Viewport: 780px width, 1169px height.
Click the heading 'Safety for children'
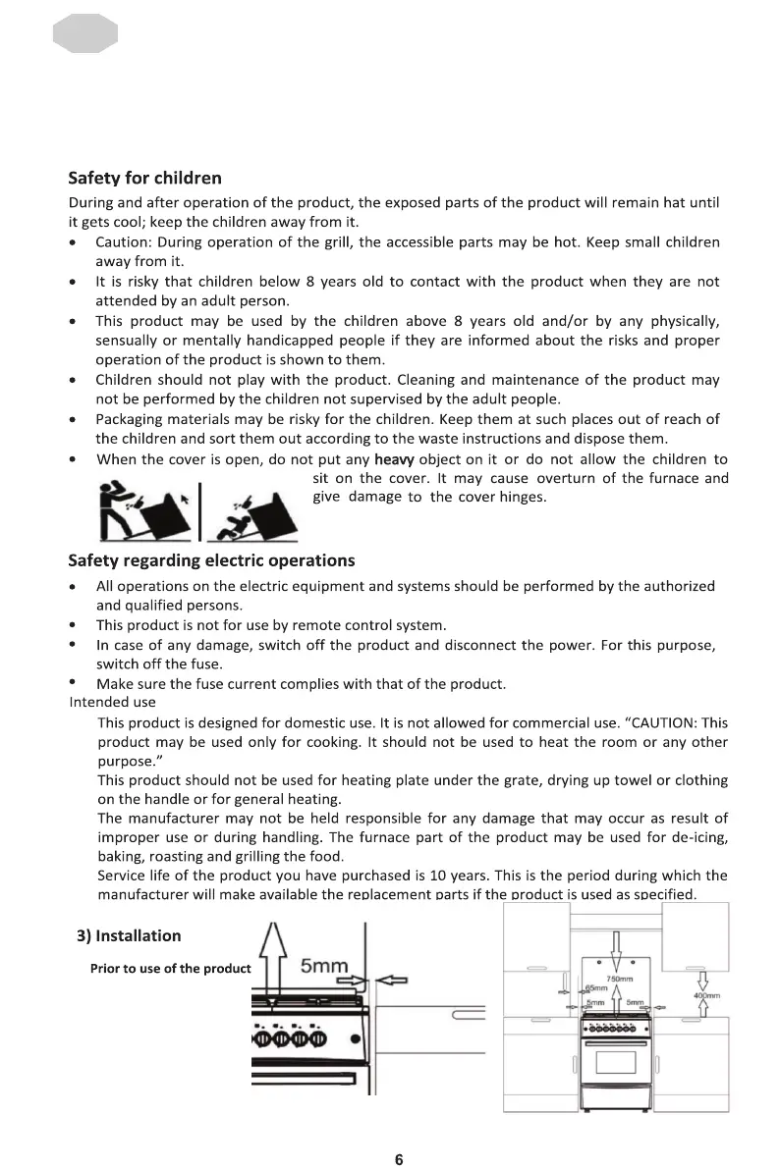click(144, 179)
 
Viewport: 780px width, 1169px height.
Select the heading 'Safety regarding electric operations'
click(211, 560)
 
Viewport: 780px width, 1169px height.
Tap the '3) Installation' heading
click(129, 935)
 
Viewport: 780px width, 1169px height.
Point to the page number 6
click(399, 1159)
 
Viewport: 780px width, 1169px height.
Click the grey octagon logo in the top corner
click(84, 35)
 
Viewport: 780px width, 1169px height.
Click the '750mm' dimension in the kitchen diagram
click(618, 979)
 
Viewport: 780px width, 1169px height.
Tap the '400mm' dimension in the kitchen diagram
click(707, 996)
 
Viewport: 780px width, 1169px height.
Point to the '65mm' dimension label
click(596, 988)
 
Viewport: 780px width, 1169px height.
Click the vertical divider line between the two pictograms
click(200, 510)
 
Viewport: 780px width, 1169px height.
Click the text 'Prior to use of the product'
click(171, 969)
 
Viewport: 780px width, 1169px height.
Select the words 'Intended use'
click(112, 702)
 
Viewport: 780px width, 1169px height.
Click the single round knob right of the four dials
click(354, 1040)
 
